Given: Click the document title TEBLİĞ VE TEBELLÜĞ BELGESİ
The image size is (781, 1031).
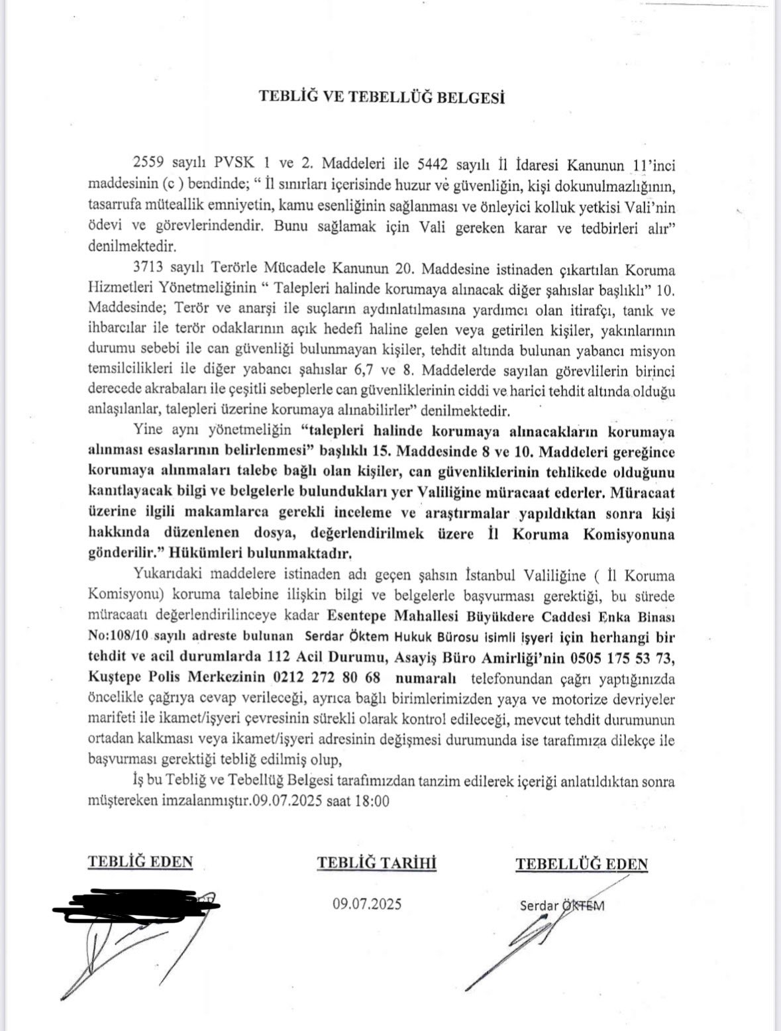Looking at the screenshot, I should [x=381, y=97].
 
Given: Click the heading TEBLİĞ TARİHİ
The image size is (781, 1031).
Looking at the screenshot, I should [x=377, y=863].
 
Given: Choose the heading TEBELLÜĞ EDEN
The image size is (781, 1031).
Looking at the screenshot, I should [x=582, y=863].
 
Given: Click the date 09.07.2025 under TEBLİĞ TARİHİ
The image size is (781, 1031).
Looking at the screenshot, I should [x=368, y=904].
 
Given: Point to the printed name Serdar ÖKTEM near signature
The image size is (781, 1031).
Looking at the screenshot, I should [x=562, y=905].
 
